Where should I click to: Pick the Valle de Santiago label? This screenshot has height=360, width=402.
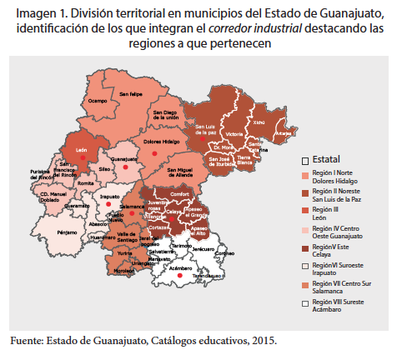coord(128,237)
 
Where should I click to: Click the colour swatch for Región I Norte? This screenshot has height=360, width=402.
coord(304,176)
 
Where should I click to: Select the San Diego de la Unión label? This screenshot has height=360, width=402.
coord(165,116)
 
